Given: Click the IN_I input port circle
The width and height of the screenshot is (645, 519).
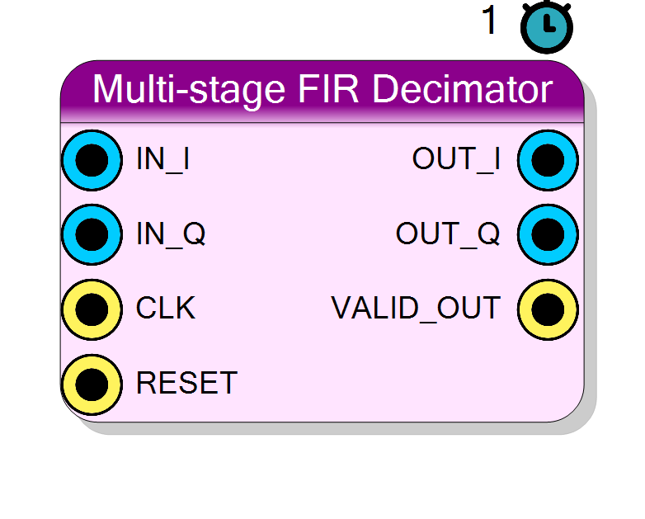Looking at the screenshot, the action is click(x=92, y=160).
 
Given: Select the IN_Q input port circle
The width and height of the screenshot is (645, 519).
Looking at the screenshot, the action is click(x=92, y=234).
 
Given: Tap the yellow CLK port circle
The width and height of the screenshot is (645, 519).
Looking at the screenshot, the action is click(x=92, y=309).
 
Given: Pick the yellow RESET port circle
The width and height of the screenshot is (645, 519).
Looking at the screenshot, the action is click(x=92, y=385).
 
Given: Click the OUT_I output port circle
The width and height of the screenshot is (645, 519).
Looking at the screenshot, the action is click(x=548, y=160).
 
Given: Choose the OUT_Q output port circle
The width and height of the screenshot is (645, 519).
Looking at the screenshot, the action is click(x=548, y=234).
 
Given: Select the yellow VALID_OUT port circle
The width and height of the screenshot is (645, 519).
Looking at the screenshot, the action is click(x=548, y=309).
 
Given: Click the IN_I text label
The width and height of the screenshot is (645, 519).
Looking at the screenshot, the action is click(x=162, y=160).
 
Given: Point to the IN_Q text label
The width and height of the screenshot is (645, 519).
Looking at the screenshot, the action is click(x=171, y=234).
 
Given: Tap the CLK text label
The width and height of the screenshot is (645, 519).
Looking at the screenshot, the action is click(x=165, y=308).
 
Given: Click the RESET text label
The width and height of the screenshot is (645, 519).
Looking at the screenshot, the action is click(x=186, y=382).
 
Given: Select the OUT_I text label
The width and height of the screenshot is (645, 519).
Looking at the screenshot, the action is click(x=456, y=160).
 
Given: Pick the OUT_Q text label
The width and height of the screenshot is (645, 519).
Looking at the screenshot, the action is click(x=448, y=234).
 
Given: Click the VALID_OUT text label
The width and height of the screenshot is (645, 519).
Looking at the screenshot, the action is click(x=416, y=309).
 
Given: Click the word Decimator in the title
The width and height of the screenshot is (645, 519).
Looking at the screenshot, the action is click(x=463, y=89).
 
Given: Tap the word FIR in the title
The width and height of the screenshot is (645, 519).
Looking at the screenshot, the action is click(x=328, y=89).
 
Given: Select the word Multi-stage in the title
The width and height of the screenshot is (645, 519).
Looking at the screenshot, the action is click(x=189, y=92).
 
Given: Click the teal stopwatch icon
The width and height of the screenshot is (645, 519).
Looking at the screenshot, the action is click(x=547, y=27).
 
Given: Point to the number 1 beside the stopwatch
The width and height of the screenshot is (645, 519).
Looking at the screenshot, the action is click(x=489, y=19).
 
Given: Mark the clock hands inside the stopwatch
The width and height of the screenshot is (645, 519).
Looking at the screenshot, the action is click(x=548, y=23).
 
